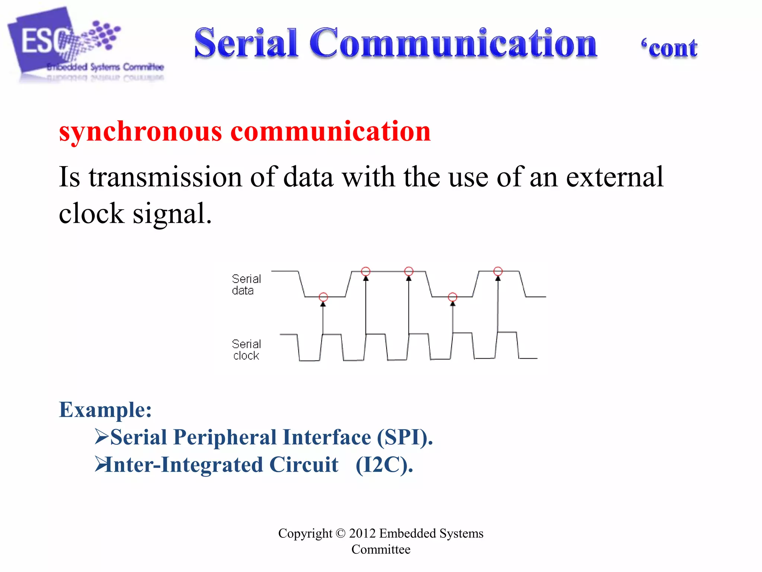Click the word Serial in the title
[246, 43]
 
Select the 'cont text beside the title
[669, 48]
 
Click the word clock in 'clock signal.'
[92, 214]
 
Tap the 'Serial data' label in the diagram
[246, 285]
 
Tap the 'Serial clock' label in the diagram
[246, 350]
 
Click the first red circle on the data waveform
[323, 297]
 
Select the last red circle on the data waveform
[498, 271]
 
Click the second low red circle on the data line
[452, 297]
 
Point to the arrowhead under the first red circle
[323, 304]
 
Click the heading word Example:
[105, 410]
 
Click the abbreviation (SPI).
[405, 437]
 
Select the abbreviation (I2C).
[384, 465]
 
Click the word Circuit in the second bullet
[304, 465]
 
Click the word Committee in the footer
[381, 550]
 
